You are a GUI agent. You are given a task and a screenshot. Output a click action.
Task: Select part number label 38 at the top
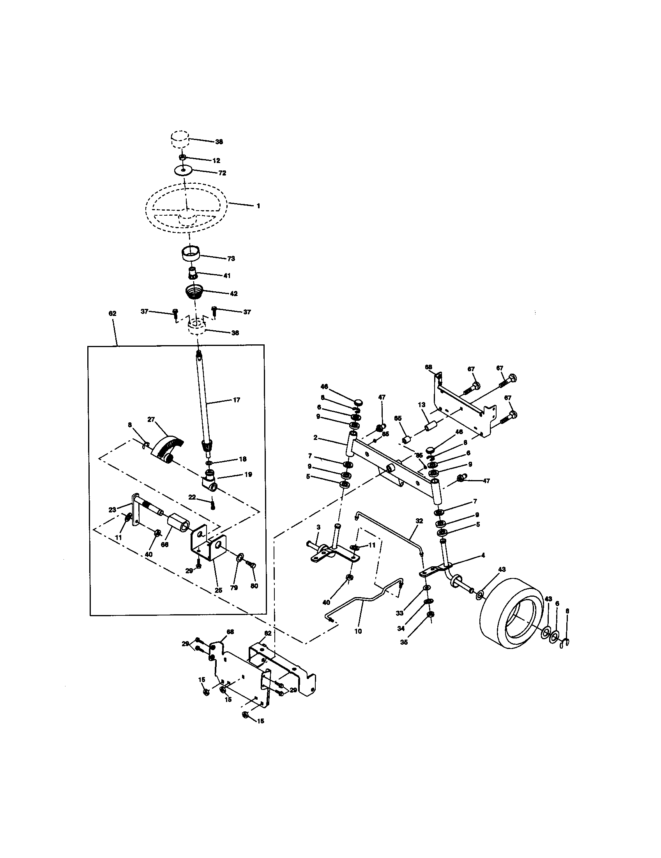pyautogui.click(x=219, y=142)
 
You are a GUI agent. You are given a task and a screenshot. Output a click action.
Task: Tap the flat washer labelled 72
pyautogui.click(x=184, y=171)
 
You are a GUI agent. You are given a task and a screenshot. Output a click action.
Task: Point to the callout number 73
pyautogui.click(x=231, y=259)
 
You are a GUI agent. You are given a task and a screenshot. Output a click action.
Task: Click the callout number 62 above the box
pyautogui.click(x=112, y=314)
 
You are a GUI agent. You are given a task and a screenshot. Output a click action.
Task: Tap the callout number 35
pyautogui.click(x=403, y=642)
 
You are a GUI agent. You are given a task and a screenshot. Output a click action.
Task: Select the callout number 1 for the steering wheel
pyautogui.click(x=258, y=206)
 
